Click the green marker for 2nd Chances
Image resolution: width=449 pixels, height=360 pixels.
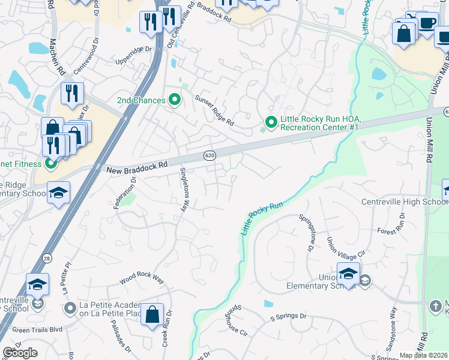coord(175,100)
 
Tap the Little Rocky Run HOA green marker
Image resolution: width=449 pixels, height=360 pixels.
coord(271,122)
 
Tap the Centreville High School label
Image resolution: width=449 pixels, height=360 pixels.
coord(405,202)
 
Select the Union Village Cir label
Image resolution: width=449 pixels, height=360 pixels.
coord(337,253)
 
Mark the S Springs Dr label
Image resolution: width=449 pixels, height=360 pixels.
coord(288,316)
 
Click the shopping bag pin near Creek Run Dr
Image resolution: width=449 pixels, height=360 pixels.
coord(152,314)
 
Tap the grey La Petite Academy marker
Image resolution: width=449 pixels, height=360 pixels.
coord(70,308)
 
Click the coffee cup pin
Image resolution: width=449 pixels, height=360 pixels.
coord(428,23)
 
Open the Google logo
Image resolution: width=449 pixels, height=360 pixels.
coord(20,353)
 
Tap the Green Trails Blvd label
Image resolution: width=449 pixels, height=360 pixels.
coord(37,329)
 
